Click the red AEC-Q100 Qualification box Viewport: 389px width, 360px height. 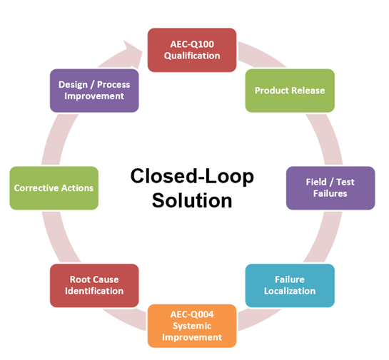click(192, 50)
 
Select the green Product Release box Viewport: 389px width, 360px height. click(290, 91)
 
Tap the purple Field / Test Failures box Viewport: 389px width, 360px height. click(330, 188)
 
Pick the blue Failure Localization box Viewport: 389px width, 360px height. click(290, 285)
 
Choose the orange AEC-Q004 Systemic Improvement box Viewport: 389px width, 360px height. click(192, 326)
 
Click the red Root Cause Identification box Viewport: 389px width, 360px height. click(94, 285)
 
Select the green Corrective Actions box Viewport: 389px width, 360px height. click(54, 188)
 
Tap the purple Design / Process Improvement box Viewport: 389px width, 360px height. click(94, 91)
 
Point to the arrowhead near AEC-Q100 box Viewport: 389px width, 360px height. click(133, 54)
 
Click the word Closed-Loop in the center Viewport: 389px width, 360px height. click(192, 176)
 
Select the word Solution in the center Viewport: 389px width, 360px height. click(192, 200)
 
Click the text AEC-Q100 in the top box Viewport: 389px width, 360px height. click(192, 44)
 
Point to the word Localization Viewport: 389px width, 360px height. click(290, 291)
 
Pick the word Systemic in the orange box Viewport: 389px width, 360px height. click(192, 326)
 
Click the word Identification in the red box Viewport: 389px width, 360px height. click(94, 291)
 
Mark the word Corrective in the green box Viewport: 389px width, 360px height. click(36, 188)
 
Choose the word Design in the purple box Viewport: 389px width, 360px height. click(73, 85)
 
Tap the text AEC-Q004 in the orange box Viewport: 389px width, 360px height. click(192, 314)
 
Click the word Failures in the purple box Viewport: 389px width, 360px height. click(330, 193)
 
